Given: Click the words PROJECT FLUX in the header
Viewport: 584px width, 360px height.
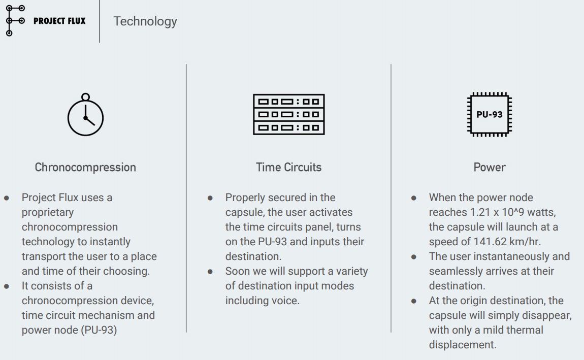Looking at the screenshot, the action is (59, 21).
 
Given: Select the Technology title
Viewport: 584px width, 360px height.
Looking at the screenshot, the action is (145, 21).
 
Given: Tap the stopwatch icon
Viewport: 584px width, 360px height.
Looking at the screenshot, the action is (85, 114).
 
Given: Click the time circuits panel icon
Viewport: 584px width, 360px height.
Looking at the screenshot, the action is (288, 114).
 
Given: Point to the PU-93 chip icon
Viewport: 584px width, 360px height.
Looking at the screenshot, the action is (490, 114).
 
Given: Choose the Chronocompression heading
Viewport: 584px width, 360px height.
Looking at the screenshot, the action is (85, 167).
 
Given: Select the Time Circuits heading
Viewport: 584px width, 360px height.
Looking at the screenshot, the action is (288, 167).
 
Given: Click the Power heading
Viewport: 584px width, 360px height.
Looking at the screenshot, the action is (490, 167).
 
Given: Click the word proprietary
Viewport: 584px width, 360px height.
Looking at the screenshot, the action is (48, 213).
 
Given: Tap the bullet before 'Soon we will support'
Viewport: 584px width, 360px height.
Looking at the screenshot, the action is (210, 272).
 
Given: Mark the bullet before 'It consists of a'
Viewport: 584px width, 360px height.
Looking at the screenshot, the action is (6, 286).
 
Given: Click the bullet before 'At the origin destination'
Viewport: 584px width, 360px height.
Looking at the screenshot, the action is (414, 301).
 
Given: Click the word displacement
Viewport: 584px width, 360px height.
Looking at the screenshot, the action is (463, 345).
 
